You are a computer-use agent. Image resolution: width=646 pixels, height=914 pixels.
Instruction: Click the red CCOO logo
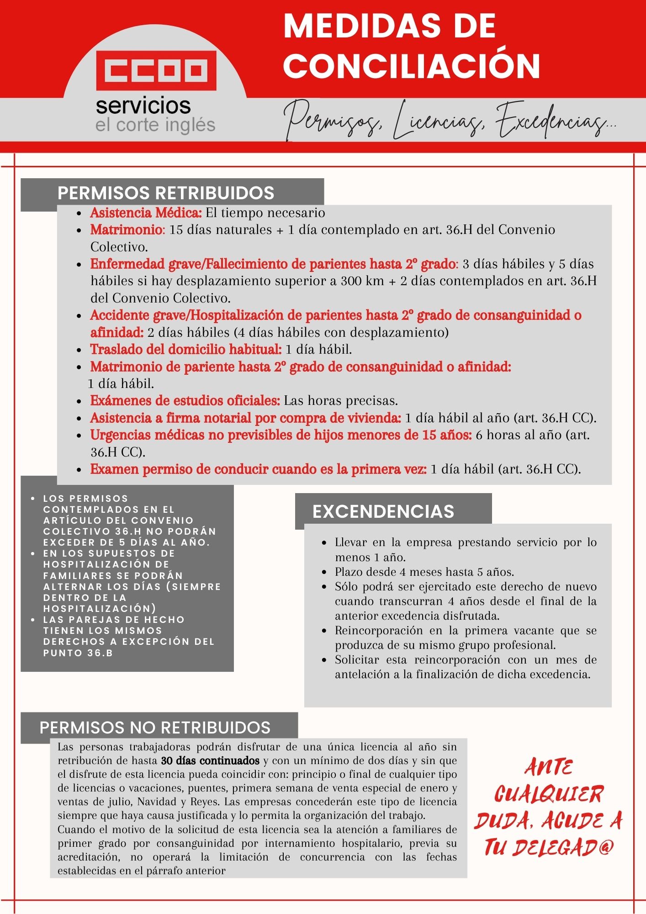click(x=156, y=70)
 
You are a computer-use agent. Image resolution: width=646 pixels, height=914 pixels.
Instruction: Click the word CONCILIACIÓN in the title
click(x=412, y=65)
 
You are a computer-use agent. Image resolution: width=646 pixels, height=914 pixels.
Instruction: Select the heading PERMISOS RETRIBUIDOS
click(x=165, y=193)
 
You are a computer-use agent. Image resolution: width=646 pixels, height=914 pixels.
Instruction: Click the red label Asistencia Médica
click(x=146, y=213)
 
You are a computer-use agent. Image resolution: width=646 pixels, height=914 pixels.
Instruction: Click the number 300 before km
click(x=350, y=281)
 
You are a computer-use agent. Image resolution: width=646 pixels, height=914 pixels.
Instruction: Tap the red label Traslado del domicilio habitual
click(x=185, y=349)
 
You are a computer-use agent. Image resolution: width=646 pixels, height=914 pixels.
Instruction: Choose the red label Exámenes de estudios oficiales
click(x=185, y=401)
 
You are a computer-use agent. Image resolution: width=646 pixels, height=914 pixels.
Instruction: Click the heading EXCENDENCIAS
click(x=383, y=511)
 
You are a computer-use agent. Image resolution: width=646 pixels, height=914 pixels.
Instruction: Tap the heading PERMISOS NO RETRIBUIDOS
click(x=155, y=727)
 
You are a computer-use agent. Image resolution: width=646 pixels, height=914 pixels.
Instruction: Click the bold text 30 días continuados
click(x=210, y=761)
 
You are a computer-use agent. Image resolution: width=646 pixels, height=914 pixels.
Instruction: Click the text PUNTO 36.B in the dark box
click(x=78, y=653)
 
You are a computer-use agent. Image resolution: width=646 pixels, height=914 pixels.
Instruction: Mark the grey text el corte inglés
click(x=155, y=125)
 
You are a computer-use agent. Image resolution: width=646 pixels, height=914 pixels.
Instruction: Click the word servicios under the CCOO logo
click(x=143, y=106)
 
